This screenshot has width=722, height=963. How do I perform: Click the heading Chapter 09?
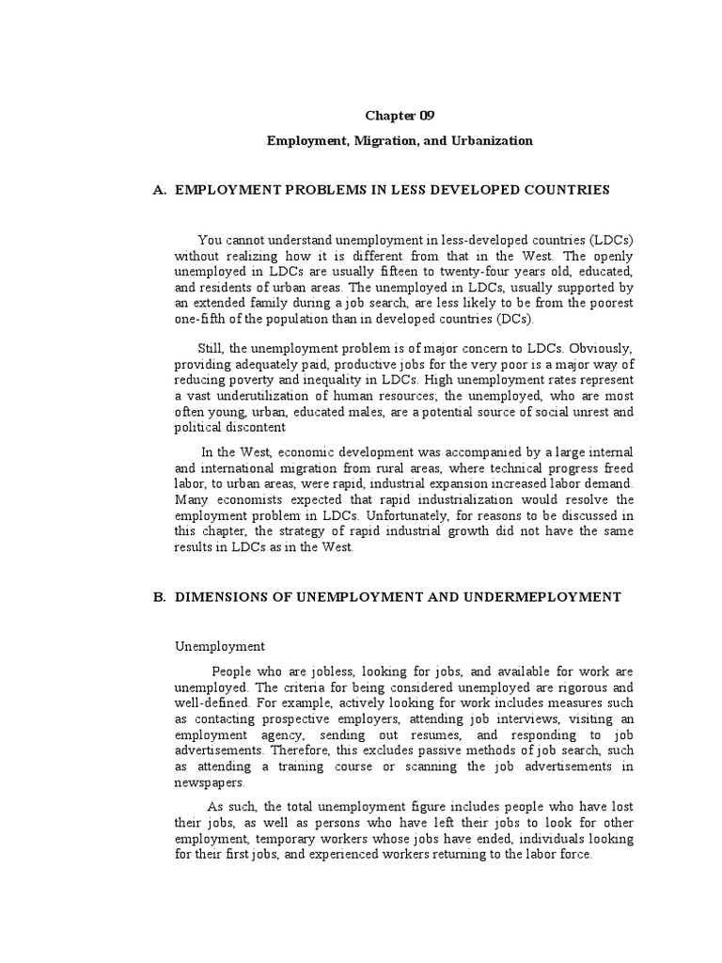(x=400, y=116)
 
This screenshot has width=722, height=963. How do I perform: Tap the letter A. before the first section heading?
(x=158, y=190)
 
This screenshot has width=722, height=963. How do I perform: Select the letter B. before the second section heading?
(x=158, y=596)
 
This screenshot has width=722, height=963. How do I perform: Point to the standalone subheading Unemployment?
(x=221, y=647)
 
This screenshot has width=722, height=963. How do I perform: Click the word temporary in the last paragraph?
(x=283, y=839)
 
